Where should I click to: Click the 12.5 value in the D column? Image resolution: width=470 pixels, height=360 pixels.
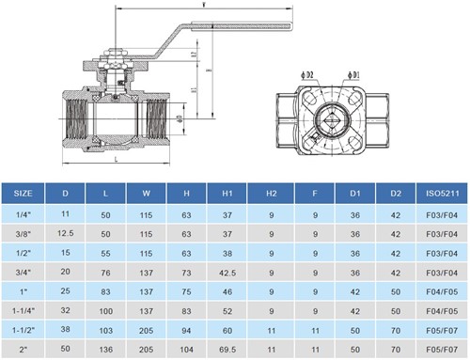(x=65, y=232)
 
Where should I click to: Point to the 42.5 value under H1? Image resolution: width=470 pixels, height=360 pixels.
(x=227, y=272)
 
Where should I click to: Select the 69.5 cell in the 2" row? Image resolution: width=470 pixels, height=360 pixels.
(x=227, y=349)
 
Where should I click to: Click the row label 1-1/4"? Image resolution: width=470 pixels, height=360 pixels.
(x=24, y=310)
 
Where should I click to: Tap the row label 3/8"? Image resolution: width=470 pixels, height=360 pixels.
(x=24, y=232)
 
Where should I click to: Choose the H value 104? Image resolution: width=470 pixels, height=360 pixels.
(x=186, y=349)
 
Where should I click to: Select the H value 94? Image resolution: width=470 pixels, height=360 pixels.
(x=186, y=330)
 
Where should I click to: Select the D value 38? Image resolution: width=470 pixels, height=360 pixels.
(x=65, y=330)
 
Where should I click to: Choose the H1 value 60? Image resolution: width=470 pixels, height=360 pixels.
(x=227, y=330)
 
